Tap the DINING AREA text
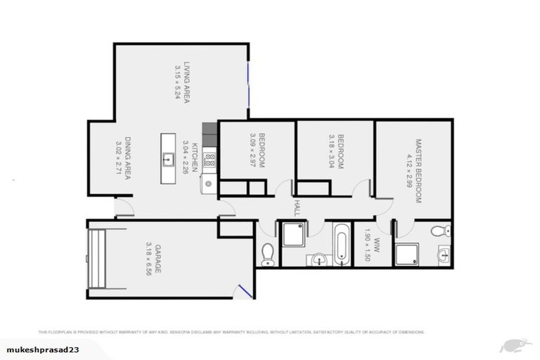pyautogui.click(x=129, y=159)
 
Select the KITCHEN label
pyautogui.click(x=196, y=157)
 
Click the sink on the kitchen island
pyautogui.click(x=167, y=159)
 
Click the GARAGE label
pyautogui.click(x=158, y=259)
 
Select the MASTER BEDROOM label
pyautogui.click(x=418, y=170)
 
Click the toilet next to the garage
pyautogui.click(x=267, y=255)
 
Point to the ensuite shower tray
pyautogui.click(x=407, y=255)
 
